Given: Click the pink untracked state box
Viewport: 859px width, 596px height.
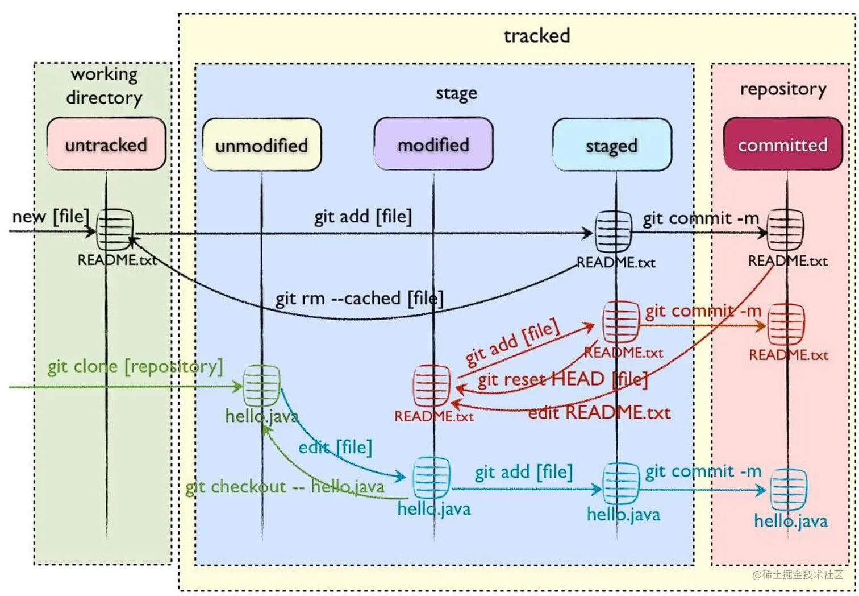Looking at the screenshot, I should click(106, 144).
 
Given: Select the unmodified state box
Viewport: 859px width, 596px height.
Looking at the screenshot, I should click(262, 145).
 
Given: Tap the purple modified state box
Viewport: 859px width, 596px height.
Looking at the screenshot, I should click(433, 144).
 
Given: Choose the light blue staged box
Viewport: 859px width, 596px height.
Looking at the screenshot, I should click(612, 146).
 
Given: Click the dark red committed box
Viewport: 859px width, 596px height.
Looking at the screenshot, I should click(783, 144).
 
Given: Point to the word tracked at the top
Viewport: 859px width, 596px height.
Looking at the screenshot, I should click(537, 36).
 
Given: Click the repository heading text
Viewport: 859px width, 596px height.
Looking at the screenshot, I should click(783, 89).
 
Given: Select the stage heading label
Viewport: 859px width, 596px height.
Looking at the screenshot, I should click(456, 93).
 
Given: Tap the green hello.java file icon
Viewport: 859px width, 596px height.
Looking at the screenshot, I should click(262, 386).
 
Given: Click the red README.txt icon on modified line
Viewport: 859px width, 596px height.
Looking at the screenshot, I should click(432, 386).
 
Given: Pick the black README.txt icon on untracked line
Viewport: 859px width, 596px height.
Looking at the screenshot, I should click(115, 230).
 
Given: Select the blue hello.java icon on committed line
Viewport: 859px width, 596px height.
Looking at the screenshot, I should click(789, 489).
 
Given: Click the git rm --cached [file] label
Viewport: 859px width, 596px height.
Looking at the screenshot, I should click(359, 298).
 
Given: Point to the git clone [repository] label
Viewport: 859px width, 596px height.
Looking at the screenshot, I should click(135, 366).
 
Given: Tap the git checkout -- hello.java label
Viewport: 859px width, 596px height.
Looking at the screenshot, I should click(285, 487).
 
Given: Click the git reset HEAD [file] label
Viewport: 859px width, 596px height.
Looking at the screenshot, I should click(562, 379).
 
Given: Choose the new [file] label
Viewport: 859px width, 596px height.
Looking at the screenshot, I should click(51, 217).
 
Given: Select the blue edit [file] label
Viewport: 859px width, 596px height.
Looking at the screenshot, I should click(335, 447).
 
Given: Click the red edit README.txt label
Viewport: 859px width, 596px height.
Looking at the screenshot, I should click(599, 412).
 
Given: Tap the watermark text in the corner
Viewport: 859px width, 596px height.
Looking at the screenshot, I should click(798, 574).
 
